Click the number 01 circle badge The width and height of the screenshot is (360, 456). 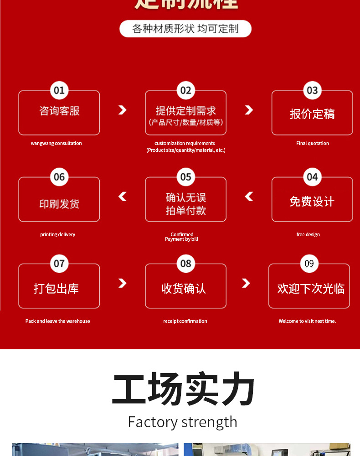click(x=59, y=90)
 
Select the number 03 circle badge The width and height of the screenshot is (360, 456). click(x=312, y=90)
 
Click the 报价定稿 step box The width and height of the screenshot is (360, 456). click(x=312, y=114)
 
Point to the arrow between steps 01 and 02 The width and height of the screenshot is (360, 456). click(x=122, y=110)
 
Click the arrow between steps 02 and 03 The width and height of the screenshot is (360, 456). click(x=249, y=110)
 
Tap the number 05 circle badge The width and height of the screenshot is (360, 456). click(x=185, y=177)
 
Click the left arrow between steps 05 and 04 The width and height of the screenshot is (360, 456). click(x=249, y=197)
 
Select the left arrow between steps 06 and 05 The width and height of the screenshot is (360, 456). click(x=122, y=197)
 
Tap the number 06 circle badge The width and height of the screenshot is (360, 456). click(x=59, y=177)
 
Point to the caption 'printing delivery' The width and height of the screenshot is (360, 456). click(x=58, y=234)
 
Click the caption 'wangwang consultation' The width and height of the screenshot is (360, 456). click(x=57, y=143)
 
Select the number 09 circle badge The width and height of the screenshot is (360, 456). click(x=309, y=263)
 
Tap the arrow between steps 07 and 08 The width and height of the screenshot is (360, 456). click(x=122, y=283)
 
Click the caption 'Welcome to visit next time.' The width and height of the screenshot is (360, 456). click(x=307, y=321)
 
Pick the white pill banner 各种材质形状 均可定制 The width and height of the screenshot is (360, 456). click(x=185, y=29)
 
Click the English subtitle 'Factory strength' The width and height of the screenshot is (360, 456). click(x=182, y=422)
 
